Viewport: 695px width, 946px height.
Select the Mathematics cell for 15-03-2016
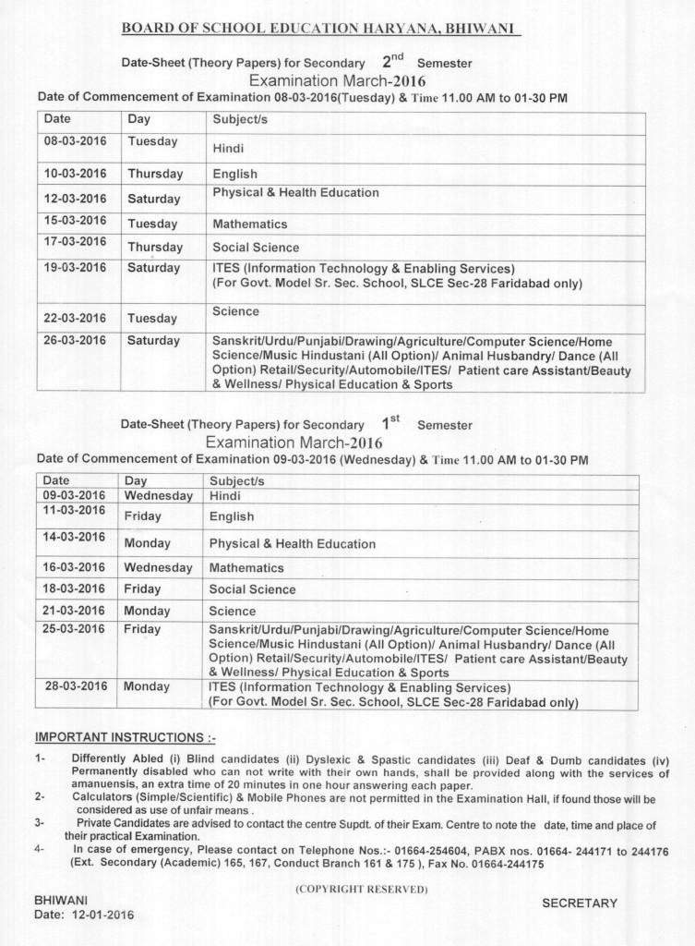250,224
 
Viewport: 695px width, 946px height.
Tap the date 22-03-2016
76,317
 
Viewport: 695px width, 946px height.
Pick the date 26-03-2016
76,340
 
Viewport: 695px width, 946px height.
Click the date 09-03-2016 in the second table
74,495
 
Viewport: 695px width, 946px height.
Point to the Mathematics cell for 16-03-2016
246,568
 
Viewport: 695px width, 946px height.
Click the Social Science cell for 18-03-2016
252,589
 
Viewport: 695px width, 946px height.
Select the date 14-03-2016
74,537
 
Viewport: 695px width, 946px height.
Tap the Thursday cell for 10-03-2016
155,174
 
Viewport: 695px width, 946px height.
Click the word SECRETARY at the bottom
579,904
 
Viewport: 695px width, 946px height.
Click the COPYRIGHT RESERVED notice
361,889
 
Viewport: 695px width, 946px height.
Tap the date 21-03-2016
74,611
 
